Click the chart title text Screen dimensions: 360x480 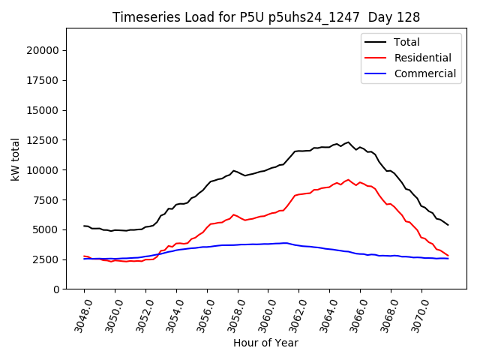click(265, 16)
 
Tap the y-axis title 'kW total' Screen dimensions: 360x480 click(16, 158)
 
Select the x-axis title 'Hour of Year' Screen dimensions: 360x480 click(265, 343)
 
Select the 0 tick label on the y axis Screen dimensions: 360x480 click(55, 289)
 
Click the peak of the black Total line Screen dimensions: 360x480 click(348, 142)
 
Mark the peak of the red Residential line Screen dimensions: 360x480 click(348, 180)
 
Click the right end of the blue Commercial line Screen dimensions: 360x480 click(448, 258)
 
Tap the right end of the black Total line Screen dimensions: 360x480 click(448, 225)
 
